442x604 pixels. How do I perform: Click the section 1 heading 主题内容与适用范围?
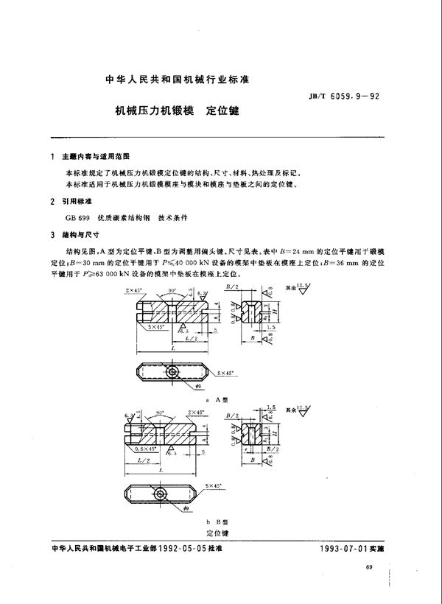pos(95,157)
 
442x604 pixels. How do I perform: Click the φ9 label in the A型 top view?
pos(198,385)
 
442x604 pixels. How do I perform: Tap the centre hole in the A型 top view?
pos(172,371)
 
